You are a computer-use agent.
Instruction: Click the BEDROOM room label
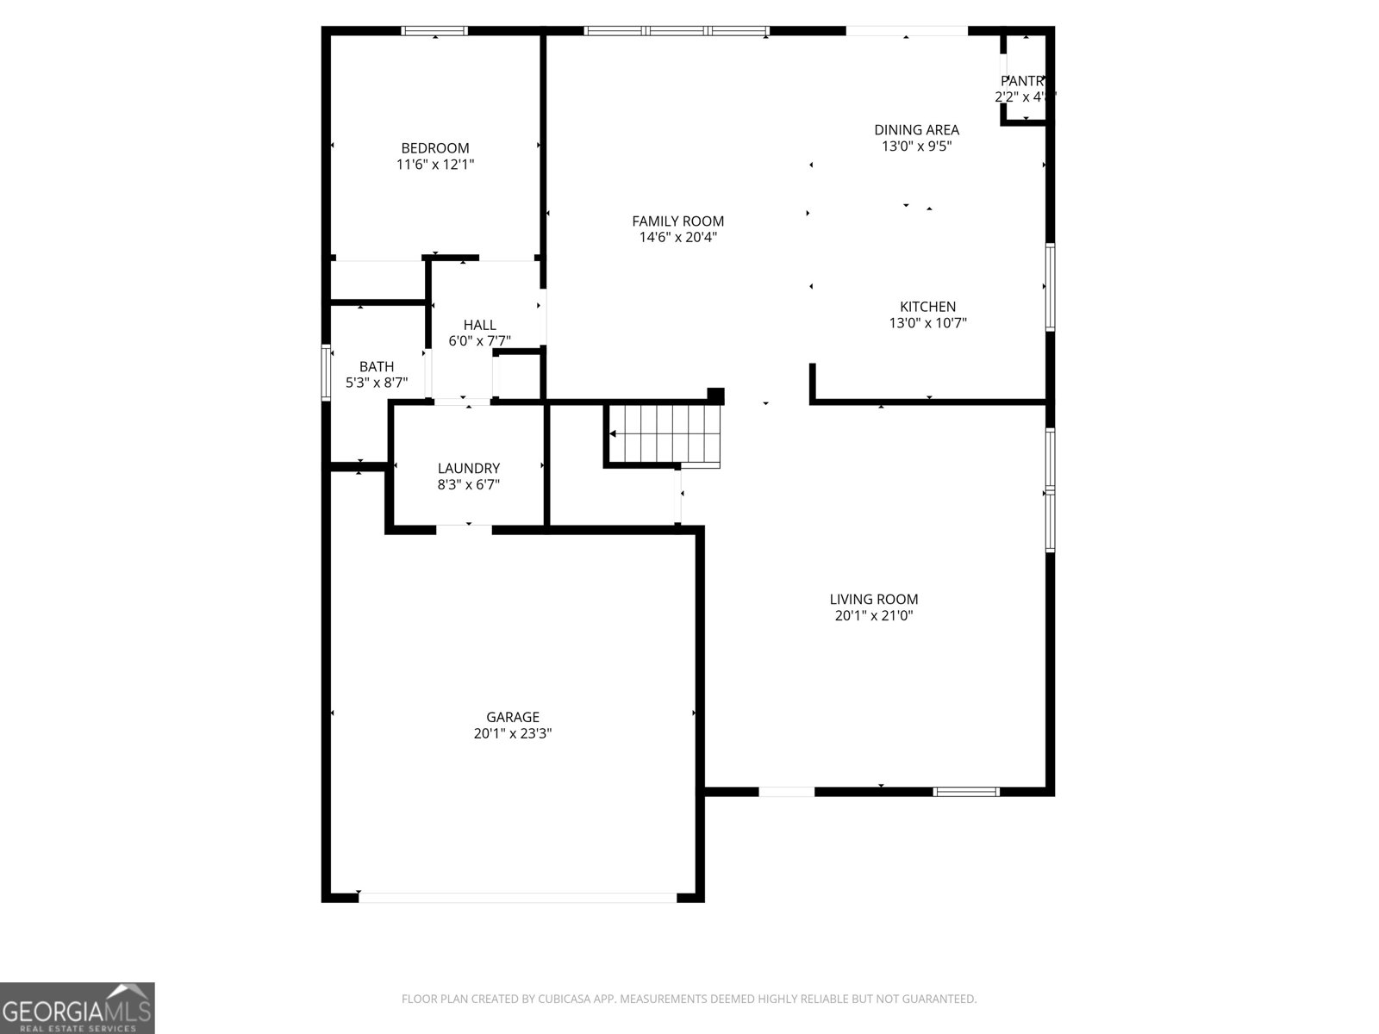tap(434, 148)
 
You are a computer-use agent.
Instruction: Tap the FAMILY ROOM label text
tap(677, 221)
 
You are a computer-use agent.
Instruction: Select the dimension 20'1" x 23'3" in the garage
tap(513, 734)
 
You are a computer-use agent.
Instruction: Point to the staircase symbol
tap(664, 435)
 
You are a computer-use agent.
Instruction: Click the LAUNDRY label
tap(468, 469)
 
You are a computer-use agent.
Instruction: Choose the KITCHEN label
tap(927, 307)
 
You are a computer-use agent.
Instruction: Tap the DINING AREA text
tap(916, 130)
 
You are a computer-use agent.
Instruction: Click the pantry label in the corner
tap(1023, 81)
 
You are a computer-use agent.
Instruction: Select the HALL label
tap(479, 325)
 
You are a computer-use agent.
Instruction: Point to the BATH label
tap(377, 367)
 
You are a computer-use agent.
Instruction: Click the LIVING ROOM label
tap(873, 600)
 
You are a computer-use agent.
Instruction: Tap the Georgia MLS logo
tap(77, 1007)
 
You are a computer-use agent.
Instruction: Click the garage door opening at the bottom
tap(517, 897)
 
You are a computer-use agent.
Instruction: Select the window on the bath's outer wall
tap(326, 372)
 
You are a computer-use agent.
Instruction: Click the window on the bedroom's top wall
tap(434, 31)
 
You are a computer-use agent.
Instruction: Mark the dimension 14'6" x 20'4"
tap(677, 238)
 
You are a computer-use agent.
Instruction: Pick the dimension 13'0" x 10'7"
tap(927, 323)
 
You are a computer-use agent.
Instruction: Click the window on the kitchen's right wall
tap(1050, 287)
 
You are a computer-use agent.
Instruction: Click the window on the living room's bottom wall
tap(966, 791)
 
